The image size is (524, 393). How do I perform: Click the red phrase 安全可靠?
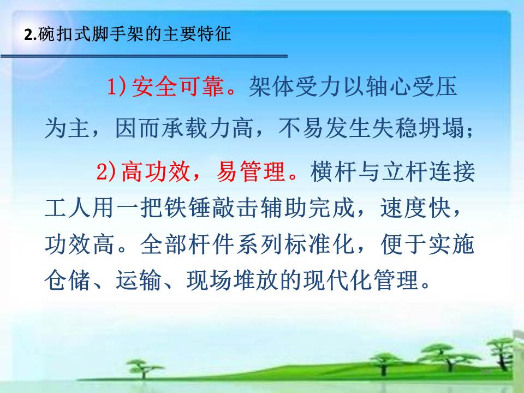click(x=178, y=87)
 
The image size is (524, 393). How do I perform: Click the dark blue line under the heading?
click(x=144, y=56)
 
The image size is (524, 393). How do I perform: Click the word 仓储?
click(x=68, y=280)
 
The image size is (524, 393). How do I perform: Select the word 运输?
click(x=139, y=280)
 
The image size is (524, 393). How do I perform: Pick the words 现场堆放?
click(x=233, y=280)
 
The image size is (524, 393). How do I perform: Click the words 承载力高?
click(x=207, y=128)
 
